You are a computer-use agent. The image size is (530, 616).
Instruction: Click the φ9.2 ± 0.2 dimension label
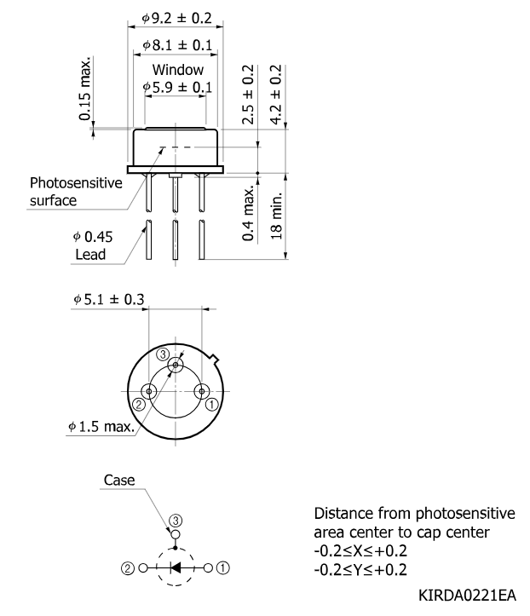176,18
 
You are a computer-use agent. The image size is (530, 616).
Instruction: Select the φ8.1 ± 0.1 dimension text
177,45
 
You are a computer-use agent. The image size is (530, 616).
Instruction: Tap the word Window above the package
178,70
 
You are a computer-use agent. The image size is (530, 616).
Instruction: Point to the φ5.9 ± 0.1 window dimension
177,87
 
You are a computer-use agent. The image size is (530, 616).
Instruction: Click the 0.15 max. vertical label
84,88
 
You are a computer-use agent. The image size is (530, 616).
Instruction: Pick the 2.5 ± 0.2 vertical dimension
248,95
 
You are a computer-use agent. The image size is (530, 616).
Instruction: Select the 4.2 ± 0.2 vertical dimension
276,95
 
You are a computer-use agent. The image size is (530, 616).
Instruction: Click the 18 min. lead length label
276,216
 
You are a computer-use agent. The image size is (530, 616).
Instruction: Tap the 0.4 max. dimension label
248,214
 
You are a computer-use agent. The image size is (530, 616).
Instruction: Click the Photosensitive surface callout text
76,192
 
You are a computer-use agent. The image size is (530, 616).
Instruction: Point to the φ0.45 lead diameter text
93,237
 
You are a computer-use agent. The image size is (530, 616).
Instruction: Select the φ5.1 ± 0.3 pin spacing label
109,299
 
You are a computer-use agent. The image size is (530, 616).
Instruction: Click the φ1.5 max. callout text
101,426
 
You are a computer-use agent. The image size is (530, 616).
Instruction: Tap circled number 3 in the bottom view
163,354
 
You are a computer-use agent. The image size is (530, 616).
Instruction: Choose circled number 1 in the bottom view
212,404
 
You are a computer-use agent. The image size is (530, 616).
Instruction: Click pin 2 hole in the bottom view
149,391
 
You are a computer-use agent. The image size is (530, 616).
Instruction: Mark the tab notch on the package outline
215,359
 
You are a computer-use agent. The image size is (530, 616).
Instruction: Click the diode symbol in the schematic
176,567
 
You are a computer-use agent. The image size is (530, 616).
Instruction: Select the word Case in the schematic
119,480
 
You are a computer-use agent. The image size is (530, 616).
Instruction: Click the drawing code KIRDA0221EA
467,596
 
